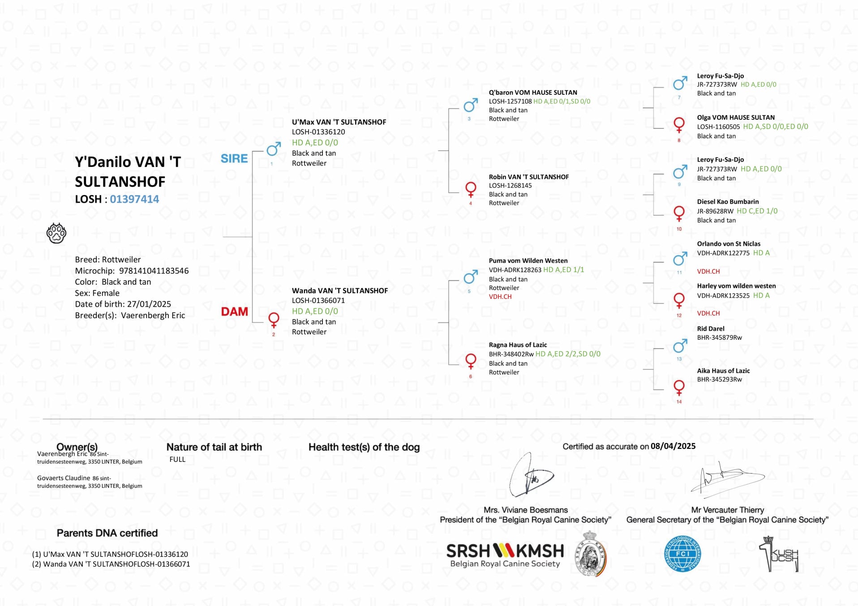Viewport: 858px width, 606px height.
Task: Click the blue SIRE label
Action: click(234, 158)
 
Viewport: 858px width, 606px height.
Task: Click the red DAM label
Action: click(234, 312)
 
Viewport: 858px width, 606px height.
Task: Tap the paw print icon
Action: click(56, 233)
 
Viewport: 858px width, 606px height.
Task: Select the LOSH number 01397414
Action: click(134, 199)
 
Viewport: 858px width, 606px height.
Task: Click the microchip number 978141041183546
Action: click(154, 271)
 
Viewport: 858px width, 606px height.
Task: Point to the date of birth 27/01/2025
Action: click(149, 304)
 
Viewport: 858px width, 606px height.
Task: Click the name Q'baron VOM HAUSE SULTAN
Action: click(533, 93)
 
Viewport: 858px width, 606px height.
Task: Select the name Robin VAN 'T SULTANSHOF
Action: click(528, 177)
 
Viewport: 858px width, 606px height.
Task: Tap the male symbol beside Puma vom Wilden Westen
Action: click(470, 277)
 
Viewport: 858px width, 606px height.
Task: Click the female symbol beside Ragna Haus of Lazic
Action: click(471, 362)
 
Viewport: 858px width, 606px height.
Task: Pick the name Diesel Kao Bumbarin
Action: click(728, 202)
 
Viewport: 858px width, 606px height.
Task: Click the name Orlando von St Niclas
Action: click(729, 244)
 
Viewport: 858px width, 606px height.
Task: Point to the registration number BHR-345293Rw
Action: click(719, 380)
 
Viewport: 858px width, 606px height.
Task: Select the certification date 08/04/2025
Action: click(673, 446)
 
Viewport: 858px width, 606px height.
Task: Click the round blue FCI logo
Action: click(682, 554)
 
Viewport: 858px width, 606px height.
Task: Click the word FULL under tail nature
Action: click(177, 459)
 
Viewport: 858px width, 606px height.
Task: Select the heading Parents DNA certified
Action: click(107, 533)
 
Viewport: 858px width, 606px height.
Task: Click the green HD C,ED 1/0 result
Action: click(757, 211)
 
